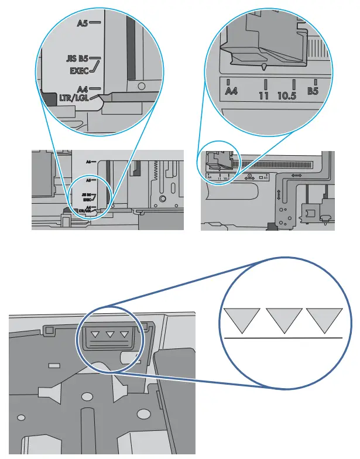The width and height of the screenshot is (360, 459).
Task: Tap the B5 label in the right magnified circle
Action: click(314, 92)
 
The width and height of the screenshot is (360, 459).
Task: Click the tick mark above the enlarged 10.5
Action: click(293, 83)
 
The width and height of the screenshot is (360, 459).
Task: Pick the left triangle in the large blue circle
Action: click(241, 320)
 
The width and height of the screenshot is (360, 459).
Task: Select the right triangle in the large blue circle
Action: click(324, 320)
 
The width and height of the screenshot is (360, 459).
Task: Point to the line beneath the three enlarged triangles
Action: click(282, 338)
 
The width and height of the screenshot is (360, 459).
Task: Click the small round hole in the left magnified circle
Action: click(141, 85)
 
